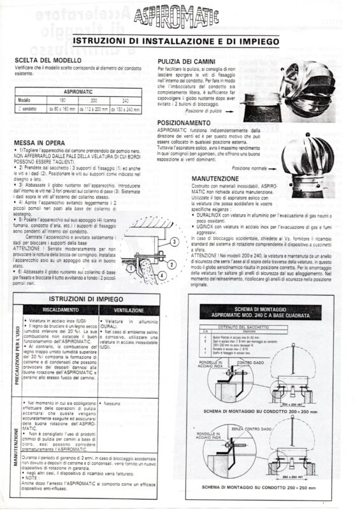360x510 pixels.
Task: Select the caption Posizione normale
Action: click(x=250, y=168)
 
